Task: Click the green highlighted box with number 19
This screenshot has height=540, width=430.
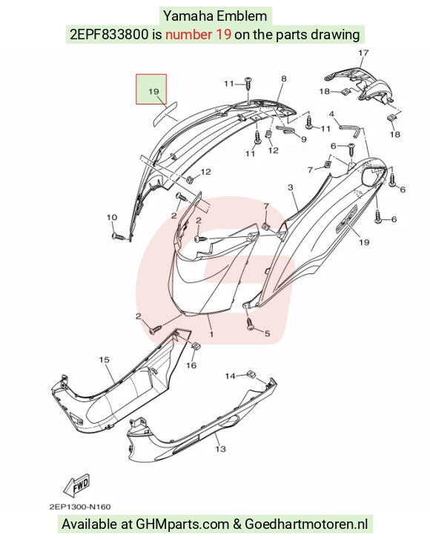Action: (151, 89)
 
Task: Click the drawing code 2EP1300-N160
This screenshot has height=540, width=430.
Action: (80, 507)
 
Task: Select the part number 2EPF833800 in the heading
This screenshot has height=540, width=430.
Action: (109, 34)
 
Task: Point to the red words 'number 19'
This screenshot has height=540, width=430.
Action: (198, 34)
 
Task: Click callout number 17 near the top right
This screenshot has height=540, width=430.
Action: (363, 53)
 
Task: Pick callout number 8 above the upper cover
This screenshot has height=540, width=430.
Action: (283, 79)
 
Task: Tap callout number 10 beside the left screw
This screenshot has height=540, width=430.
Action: (112, 217)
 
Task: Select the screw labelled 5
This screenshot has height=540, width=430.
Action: (250, 324)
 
